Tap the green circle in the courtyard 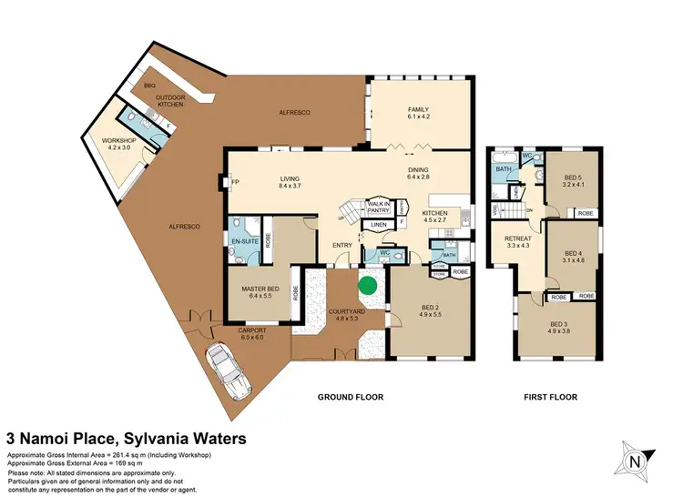pos(368,285)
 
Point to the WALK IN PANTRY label pos(379,208)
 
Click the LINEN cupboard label pos(378,225)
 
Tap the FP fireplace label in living pos(235,182)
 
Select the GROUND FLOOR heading pos(350,397)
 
